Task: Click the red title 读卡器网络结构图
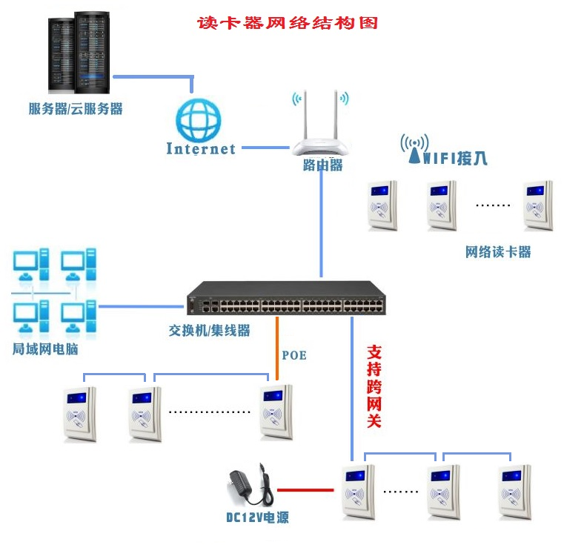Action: (287, 23)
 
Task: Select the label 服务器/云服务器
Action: (76, 109)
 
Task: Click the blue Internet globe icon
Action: (199, 120)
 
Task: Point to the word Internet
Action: (201, 148)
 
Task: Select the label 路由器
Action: (322, 165)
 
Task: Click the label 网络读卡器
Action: (498, 251)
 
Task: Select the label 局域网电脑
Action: (45, 348)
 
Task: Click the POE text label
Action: (294, 355)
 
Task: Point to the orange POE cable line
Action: (277, 349)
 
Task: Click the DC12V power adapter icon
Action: (250, 486)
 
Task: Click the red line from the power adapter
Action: (305, 489)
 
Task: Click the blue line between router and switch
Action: (322, 222)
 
